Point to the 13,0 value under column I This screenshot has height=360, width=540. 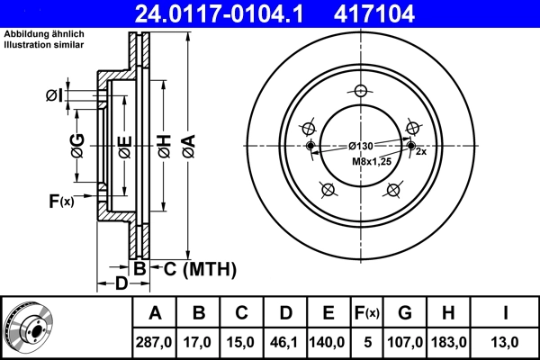tap(505, 343)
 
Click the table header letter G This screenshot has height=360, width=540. tap(404, 313)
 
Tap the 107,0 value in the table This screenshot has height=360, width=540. tap(404, 343)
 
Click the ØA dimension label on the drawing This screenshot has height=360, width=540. tap(187, 145)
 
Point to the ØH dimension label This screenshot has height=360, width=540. tap(164, 145)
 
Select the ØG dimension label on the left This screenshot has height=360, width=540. tap(78, 145)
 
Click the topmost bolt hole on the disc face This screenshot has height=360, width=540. tap(361, 91)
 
